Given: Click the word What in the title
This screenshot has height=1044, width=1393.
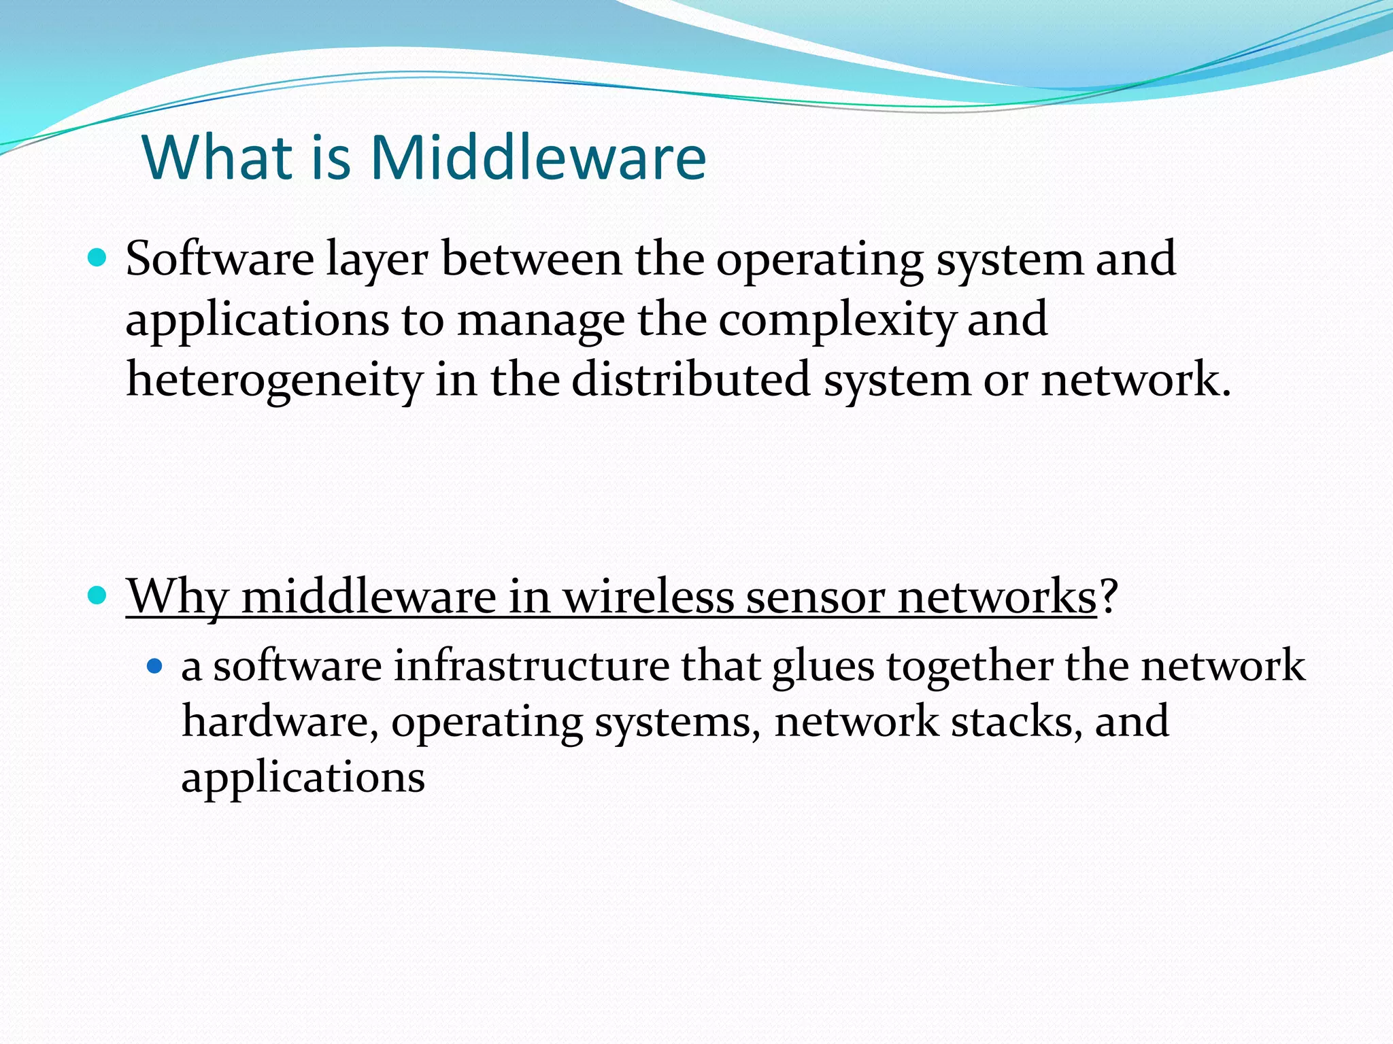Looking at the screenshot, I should (217, 158).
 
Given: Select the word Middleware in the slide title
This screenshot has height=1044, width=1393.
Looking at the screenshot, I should (537, 158).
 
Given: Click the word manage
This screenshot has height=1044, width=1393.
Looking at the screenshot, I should (540, 321).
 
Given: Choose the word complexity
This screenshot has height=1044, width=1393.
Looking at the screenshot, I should (836, 321).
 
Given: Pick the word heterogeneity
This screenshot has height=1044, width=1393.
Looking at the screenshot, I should (274, 381).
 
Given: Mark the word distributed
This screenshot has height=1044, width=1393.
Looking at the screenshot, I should (690, 380).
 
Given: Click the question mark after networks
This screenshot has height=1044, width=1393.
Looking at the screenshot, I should (1109, 597).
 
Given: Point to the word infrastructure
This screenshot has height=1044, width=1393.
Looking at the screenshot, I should (531, 666).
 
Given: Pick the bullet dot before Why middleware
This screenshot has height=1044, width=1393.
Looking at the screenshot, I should (98, 596).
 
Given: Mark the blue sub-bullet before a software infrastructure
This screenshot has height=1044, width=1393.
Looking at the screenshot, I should (155, 666).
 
